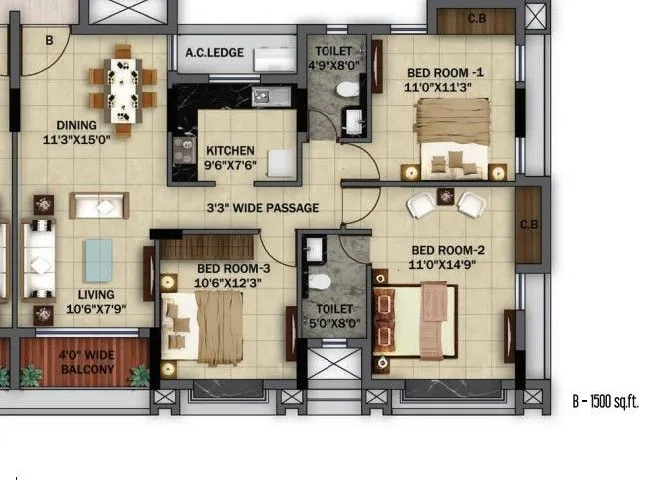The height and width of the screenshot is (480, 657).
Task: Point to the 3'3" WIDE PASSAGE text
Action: point(262,208)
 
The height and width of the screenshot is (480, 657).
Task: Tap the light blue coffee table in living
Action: point(98,260)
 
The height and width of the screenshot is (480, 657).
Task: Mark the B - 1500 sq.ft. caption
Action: point(605,402)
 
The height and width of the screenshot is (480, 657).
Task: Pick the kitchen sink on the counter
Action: point(265,97)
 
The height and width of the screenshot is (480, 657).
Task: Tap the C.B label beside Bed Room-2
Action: point(528,225)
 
